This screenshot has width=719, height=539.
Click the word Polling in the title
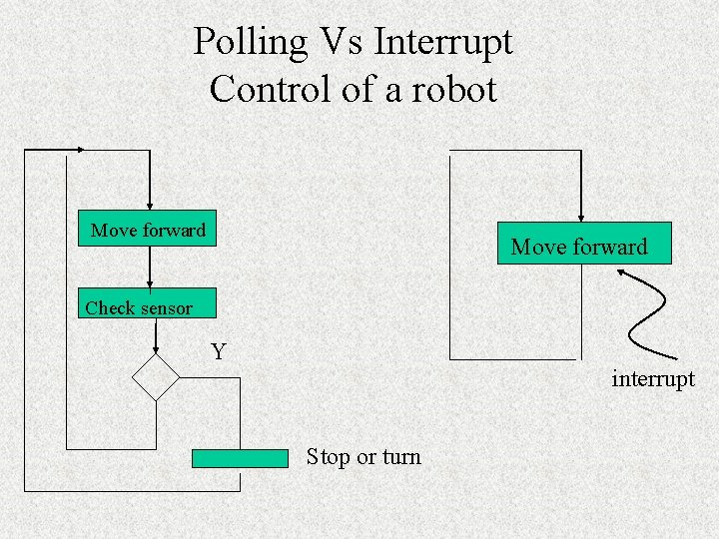coord(250,43)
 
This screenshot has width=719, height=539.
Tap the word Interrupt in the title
coord(443,43)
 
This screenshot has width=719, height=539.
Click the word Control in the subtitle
coord(272,89)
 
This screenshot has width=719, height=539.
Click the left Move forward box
coord(147,229)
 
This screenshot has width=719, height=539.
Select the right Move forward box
coord(584,243)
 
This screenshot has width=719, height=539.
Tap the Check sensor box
coord(147,303)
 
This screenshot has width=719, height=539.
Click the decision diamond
coord(156,377)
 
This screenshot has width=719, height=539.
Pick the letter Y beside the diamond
coord(219,351)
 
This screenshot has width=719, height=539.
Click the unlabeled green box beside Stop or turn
coord(240,458)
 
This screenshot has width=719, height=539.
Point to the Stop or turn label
coord(363,457)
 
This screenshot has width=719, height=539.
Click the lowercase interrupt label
coord(653,379)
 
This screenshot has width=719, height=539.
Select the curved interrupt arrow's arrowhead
coord(622,273)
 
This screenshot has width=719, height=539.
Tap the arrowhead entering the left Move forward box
coord(150,207)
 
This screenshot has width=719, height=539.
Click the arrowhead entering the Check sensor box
coord(150,284)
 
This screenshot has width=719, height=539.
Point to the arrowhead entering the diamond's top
coord(156,350)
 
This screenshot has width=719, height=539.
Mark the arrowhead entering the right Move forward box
coord(581,219)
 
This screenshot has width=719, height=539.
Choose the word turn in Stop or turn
coord(402,457)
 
